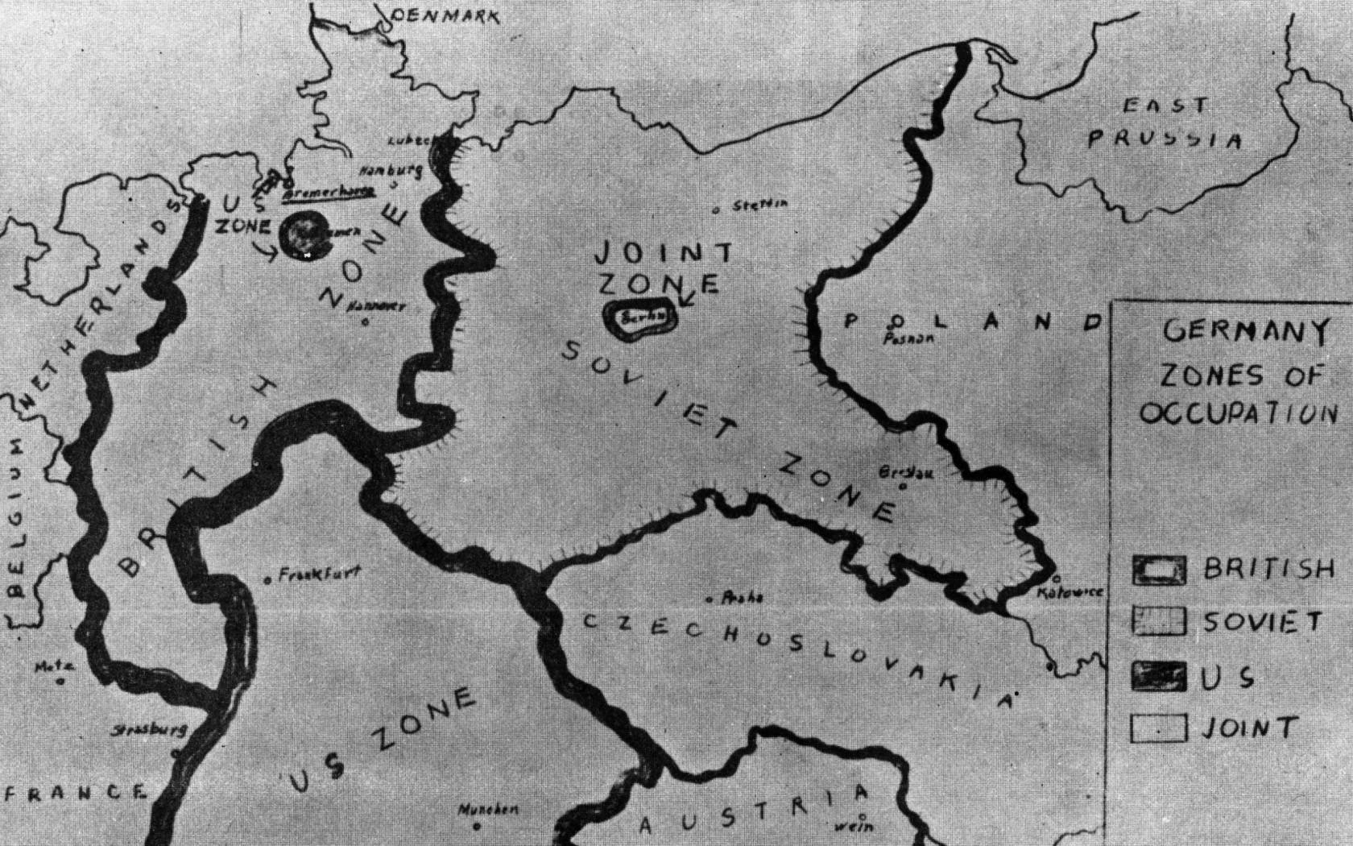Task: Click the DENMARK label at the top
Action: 445,15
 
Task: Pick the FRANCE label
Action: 75,793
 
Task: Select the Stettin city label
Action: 759,205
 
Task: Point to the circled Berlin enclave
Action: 641,317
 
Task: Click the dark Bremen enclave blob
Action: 304,234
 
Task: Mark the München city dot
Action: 477,826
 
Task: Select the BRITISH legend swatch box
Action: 1159,570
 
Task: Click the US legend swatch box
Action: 1159,676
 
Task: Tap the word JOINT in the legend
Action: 1249,728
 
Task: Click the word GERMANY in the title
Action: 1244,330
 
